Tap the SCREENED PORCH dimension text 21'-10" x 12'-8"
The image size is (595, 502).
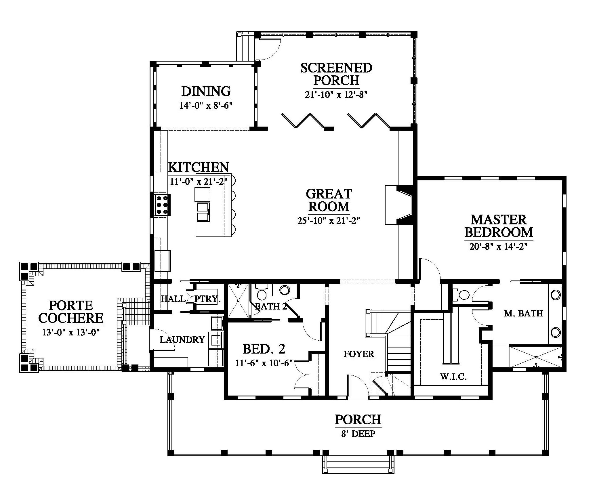(336, 95)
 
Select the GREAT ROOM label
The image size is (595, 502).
(329, 200)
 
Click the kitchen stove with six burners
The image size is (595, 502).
(162, 205)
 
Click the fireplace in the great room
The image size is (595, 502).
(399, 205)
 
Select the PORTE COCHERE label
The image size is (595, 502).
(71, 312)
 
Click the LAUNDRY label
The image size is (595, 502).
(182, 340)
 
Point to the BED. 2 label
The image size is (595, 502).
(264, 349)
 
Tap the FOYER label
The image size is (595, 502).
(359, 354)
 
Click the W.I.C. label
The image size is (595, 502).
(453, 377)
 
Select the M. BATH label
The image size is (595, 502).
(523, 313)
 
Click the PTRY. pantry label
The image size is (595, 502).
(207, 299)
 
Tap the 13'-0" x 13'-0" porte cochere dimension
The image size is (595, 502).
(71, 332)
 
